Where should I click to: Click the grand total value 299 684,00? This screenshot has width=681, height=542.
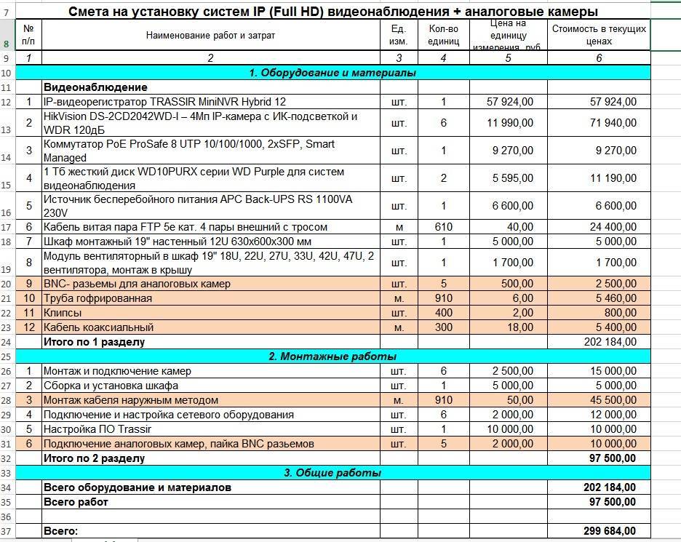pos(610,531)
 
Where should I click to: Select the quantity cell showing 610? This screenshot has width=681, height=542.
pos(443,227)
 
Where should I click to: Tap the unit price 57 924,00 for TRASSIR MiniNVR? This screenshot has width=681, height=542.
pos(509,102)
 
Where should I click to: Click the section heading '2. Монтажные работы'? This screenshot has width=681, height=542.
pos(332,356)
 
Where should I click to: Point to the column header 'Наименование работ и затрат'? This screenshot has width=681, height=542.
pos(210,36)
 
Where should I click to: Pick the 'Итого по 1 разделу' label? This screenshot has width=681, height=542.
pos(94,342)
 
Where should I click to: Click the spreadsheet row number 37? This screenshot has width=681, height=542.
pos(7,531)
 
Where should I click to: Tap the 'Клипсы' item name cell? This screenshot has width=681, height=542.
pos(63,313)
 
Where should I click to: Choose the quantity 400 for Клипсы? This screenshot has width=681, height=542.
pos(443,313)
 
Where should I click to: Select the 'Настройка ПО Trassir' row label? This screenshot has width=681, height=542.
pos(97,429)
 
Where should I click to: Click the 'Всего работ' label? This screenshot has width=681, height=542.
pos(76,502)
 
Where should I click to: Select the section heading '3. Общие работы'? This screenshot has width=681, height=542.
pos(332,473)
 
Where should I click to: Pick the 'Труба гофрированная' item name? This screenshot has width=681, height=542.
pos(97,298)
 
